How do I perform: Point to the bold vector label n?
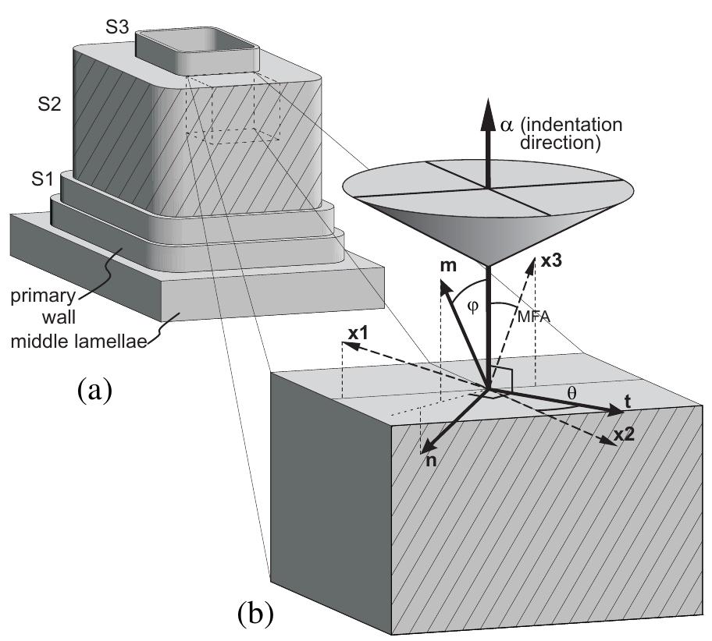click(431, 459)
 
